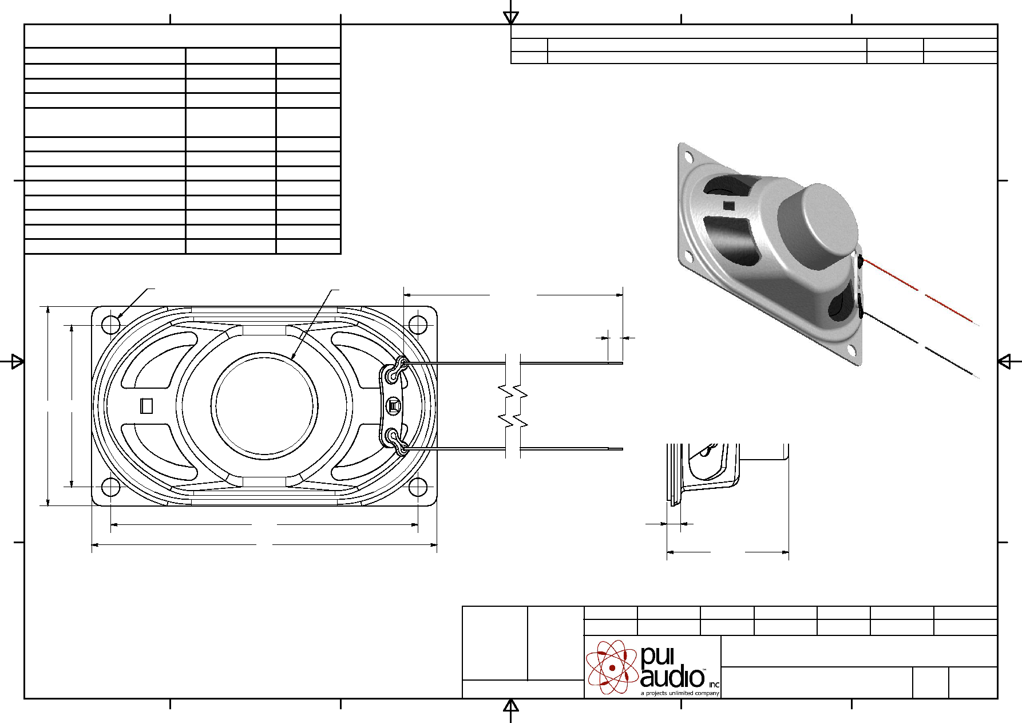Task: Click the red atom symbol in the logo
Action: point(612,667)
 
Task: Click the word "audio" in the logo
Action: point(672,677)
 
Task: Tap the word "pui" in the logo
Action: point(657,657)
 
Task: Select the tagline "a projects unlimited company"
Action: point(680,693)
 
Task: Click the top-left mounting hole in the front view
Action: point(110,325)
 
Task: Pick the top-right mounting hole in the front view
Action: point(418,325)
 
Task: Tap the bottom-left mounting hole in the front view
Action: point(110,487)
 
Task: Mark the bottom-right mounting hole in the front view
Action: point(418,487)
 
